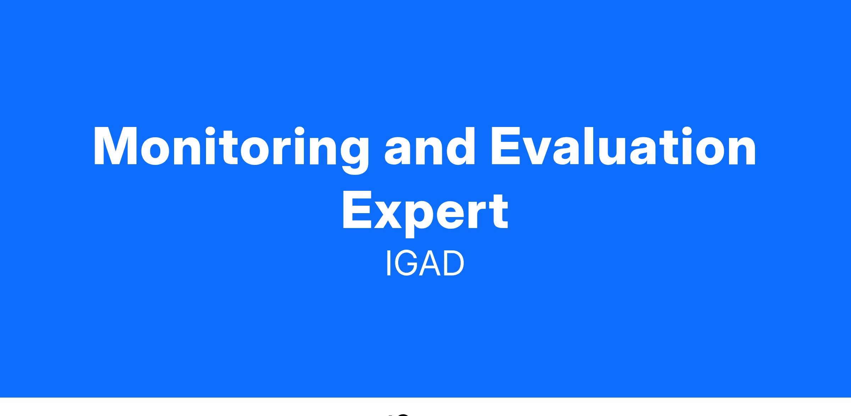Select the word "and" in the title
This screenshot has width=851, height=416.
click(430, 146)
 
